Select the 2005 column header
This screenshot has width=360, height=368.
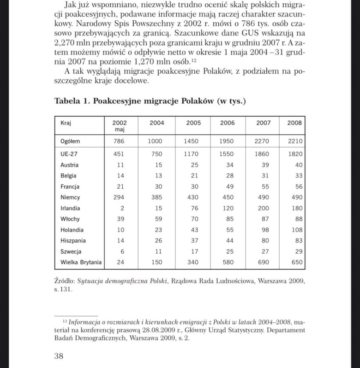click(193, 123)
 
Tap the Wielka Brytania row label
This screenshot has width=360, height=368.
click(81, 262)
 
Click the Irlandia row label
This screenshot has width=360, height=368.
click(70, 208)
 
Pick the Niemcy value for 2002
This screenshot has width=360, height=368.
click(119, 197)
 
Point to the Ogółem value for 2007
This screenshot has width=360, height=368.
click(262, 141)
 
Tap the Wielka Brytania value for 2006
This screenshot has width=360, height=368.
click(227, 262)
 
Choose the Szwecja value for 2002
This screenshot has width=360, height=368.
click(121, 251)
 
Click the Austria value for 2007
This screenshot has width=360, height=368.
click(265, 165)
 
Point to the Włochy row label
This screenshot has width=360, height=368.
click(70, 219)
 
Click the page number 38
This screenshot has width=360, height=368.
click(59, 356)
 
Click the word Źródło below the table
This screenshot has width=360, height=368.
click(64, 280)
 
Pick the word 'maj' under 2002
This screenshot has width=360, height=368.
click(120, 130)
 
